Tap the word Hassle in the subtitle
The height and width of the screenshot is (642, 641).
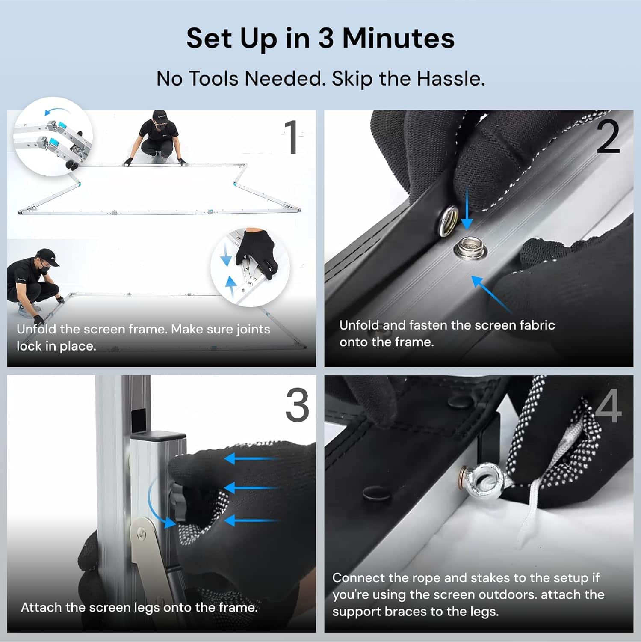pyautogui.click(x=450, y=79)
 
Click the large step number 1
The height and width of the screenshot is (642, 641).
pyautogui.click(x=292, y=137)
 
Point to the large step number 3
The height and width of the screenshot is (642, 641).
pyautogui.click(x=297, y=405)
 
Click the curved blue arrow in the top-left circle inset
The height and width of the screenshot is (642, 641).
pyautogui.click(x=56, y=111)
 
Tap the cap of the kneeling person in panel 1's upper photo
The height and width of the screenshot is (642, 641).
pyautogui.click(x=160, y=115)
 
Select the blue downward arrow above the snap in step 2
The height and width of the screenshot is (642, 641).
pyautogui.click(x=467, y=210)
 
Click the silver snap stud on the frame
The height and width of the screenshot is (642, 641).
pyautogui.click(x=470, y=249)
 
